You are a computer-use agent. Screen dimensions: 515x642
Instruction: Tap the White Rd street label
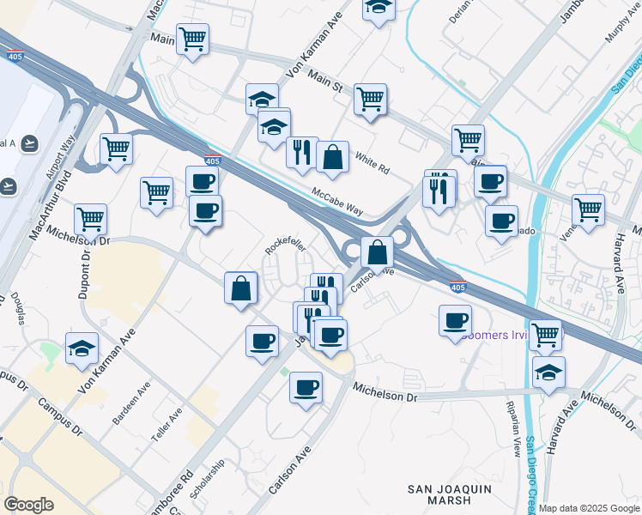pyautogui.click(x=372, y=161)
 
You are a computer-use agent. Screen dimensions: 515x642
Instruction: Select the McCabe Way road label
pyautogui.click(x=337, y=203)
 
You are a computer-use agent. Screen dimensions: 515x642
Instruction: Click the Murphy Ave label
pyautogui.click(x=621, y=19)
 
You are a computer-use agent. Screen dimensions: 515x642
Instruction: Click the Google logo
pyautogui.click(x=28, y=505)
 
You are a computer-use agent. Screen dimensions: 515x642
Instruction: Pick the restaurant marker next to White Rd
pyautogui.click(x=302, y=153)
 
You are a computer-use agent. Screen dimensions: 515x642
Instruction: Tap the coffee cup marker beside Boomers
pyautogui.click(x=456, y=321)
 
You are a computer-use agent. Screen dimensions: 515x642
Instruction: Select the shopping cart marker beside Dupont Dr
pyautogui.click(x=90, y=219)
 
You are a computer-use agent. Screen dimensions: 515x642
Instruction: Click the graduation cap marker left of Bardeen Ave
pyautogui.click(x=82, y=348)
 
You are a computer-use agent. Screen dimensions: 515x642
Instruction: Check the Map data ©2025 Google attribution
pyautogui.click(x=589, y=508)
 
